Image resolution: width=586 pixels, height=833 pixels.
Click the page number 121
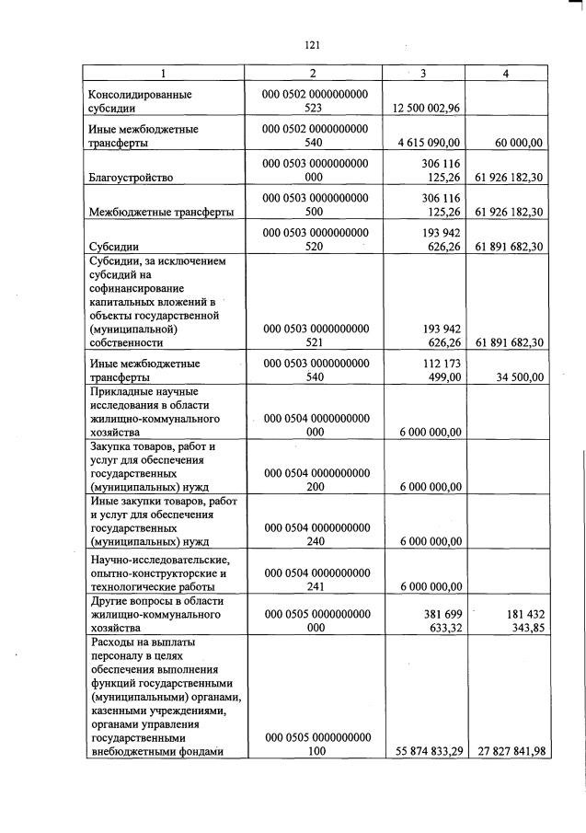click(310, 44)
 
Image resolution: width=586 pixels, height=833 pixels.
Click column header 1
click(164, 74)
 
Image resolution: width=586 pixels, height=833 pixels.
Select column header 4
click(505, 74)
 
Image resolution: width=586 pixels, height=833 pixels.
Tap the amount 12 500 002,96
click(425, 109)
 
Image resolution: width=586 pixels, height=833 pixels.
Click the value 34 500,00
click(518, 377)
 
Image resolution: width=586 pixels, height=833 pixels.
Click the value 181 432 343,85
click(517, 620)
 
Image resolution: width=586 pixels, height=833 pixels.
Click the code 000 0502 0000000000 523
click(315, 101)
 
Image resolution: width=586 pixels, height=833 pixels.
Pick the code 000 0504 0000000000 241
click(315, 579)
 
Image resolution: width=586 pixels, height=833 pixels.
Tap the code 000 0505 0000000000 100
click(315, 744)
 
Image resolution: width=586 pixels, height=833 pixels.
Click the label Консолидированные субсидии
click(140, 101)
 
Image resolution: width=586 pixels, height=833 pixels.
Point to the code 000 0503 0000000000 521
click(315, 335)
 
